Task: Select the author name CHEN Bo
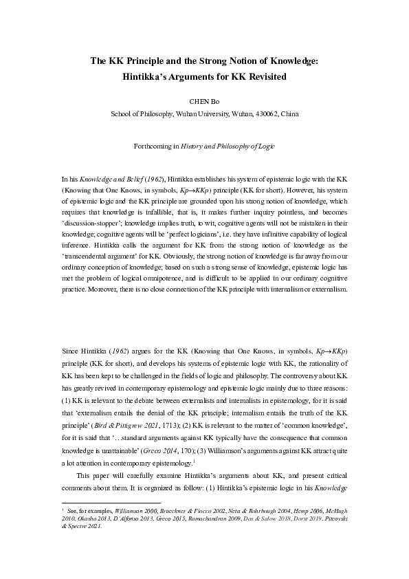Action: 204,100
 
